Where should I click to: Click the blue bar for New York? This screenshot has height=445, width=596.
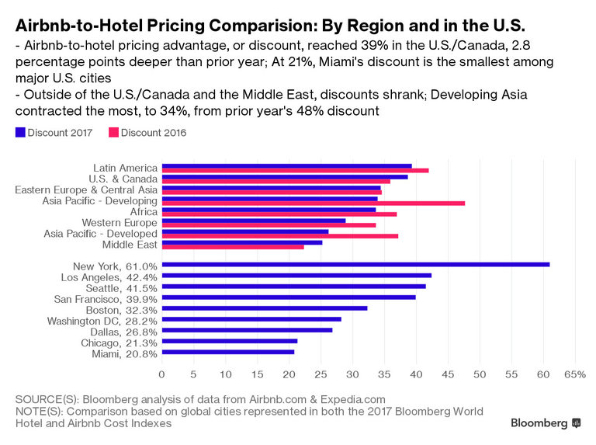point(355,264)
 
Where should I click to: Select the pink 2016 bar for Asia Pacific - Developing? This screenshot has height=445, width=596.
point(314,203)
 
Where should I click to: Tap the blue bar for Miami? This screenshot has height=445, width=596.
point(228,352)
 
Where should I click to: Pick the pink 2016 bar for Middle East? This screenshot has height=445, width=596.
point(233,247)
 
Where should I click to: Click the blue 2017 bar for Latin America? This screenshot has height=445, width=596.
point(286,165)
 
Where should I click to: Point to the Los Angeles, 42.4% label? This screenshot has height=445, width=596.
point(109,277)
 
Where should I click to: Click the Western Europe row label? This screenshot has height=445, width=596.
point(120,223)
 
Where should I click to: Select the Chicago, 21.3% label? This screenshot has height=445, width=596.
point(119,342)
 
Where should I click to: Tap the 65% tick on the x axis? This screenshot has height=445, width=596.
point(574,374)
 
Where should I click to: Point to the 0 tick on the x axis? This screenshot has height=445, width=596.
point(162,374)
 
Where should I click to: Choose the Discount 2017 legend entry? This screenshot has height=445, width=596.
point(54,133)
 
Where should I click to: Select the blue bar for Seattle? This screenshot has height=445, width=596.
point(293,286)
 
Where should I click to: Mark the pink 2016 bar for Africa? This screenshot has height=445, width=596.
point(279,214)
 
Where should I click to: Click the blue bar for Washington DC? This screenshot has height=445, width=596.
point(251,318)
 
